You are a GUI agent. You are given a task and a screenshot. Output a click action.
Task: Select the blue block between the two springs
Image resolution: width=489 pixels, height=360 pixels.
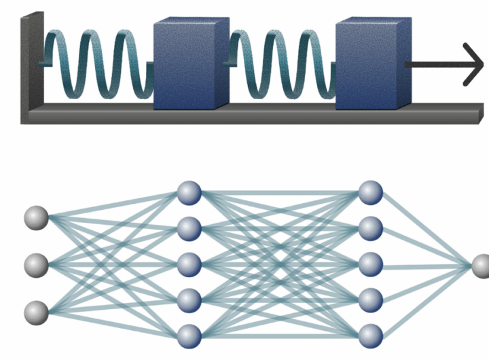coord(189,65)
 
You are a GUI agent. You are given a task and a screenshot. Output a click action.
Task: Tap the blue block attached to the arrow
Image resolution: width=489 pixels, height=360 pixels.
coord(372,65)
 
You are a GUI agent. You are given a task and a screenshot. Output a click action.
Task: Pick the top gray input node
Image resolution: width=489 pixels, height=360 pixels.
coord(36,219)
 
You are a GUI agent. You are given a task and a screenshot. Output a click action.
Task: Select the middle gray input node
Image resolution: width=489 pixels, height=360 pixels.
coord(36,264)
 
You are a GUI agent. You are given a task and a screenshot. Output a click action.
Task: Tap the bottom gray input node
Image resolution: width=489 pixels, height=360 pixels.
coord(36,312)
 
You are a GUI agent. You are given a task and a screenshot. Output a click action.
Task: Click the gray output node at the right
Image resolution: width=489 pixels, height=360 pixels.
coord(481,266)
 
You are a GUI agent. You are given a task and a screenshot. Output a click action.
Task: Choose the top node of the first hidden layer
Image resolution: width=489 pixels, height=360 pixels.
coord(189,193)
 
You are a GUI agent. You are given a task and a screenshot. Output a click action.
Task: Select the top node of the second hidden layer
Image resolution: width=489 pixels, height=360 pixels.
coord(370,193)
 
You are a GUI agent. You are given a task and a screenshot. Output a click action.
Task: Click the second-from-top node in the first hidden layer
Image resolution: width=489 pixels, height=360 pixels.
coord(189,228)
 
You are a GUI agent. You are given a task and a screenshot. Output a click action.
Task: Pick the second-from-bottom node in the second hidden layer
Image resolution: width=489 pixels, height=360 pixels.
coord(370,300)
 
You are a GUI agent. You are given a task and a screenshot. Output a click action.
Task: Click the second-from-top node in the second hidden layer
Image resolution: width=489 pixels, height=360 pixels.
coord(370,228)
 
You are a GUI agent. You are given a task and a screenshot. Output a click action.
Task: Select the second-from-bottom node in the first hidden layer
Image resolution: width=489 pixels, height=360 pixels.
coord(189,300)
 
